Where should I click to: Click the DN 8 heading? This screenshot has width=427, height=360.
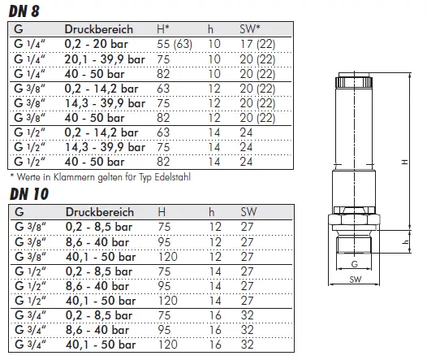click(24, 11)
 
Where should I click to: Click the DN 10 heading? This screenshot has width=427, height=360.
click(29, 194)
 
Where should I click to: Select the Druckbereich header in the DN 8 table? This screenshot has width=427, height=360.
click(98, 29)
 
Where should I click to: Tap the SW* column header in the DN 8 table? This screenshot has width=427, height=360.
click(250, 29)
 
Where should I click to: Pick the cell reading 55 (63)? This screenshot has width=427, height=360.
click(175, 44)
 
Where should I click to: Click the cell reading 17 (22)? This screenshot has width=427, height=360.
click(257, 44)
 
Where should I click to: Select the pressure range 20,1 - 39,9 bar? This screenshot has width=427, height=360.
click(105, 59)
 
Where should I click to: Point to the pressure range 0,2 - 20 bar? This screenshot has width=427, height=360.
click(96, 44)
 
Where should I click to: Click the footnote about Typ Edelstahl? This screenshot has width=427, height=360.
click(100, 177)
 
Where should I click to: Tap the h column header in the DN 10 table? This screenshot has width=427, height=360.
click(211, 212)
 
